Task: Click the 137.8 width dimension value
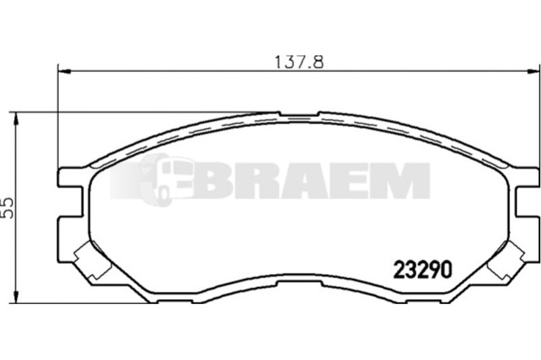(299, 62)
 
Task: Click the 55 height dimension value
(7, 208)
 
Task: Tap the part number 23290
(422, 269)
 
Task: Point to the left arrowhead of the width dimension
(64, 72)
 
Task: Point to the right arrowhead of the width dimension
(533, 72)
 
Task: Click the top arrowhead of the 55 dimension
(16, 119)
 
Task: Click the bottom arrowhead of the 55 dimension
(16, 296)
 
